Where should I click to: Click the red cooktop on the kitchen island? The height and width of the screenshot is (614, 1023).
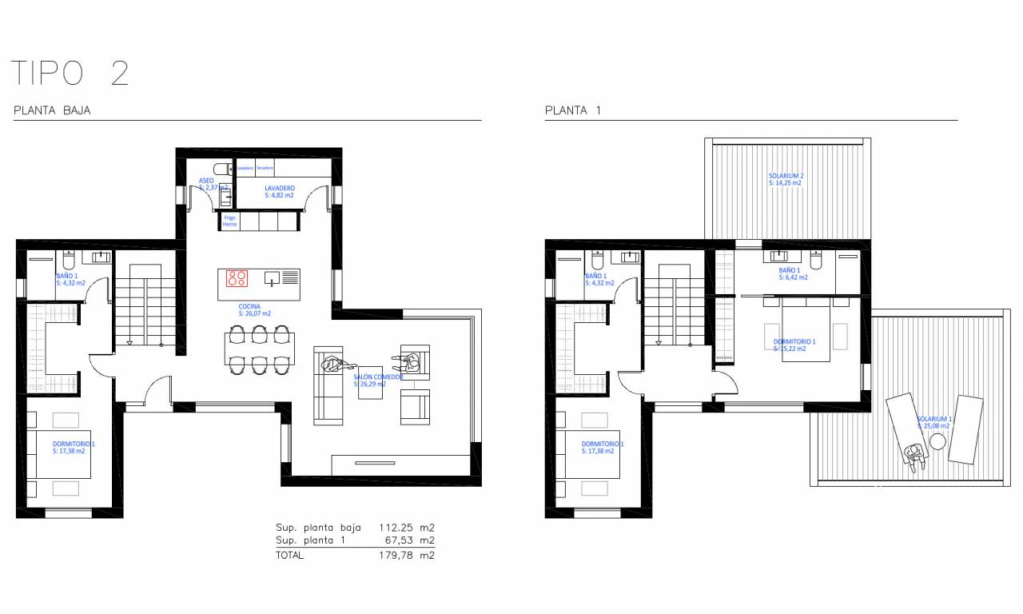tap(237, 278)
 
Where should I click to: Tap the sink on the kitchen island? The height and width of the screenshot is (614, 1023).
tap(273, 278)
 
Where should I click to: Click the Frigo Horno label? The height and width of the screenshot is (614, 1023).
tap(229, 221)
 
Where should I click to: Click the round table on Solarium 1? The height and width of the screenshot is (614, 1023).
tap(936, 442)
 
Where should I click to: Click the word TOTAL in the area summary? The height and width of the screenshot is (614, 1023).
tap(290, 556)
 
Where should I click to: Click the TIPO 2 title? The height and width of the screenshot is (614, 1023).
tap(70, 74)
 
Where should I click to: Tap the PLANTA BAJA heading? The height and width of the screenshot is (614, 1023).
tap(52, 111)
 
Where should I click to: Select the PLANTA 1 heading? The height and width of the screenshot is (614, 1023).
tap(572, 111)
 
